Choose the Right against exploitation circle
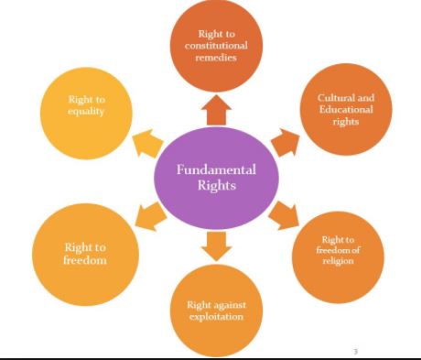(217, 311)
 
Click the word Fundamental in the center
(216, 170)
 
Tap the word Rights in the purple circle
(216, 186)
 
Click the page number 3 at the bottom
(355, 350)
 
